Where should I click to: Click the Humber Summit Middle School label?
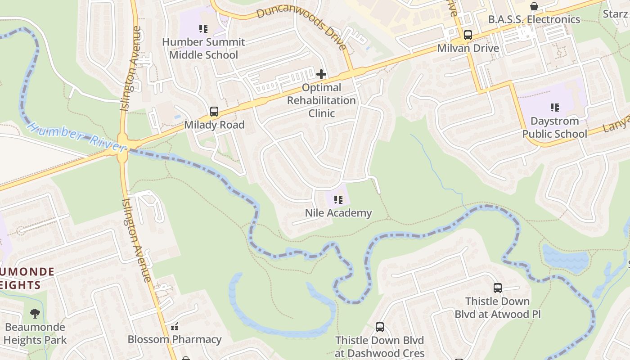coord(203,49)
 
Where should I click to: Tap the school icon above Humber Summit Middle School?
coord(203,29)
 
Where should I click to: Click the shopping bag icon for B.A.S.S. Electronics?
coord(534,6)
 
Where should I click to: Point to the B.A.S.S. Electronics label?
coord(534,19)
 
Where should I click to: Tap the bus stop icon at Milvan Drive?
coord(468,35)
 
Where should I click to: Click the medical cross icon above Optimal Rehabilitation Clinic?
coord(321,74)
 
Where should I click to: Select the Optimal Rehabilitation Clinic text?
coord(321,100)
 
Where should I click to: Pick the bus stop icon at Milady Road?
coord(214,112)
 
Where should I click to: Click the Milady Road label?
coord(214,125)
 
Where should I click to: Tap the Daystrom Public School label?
coord(554,128)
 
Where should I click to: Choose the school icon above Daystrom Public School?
coord(554,108)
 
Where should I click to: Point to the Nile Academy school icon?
coord(338,200)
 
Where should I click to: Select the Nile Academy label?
coord(338,213)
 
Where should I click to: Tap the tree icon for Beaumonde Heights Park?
coord(35,314)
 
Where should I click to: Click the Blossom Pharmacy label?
coord(175,339)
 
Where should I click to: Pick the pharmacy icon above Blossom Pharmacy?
coord(175,326)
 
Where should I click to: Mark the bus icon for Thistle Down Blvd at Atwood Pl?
coord(497,288)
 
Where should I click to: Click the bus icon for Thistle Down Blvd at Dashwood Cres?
coord(380,327)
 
